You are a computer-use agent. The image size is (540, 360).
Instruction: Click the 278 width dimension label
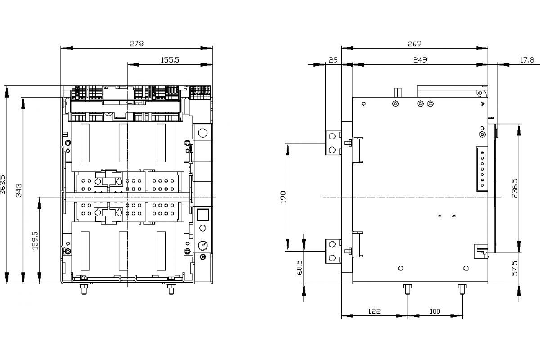[137, 44]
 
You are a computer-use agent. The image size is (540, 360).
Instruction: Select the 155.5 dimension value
[170, 60]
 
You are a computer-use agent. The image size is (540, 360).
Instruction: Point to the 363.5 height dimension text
[4, 184]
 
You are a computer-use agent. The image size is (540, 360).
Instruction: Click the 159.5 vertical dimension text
[36, 240]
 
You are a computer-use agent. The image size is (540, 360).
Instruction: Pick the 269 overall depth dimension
[414, 44]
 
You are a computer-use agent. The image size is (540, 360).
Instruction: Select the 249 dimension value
[419, 60]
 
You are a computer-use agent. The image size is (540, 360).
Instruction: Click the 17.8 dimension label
[527, 60]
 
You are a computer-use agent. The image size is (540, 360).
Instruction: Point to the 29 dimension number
[333, 60]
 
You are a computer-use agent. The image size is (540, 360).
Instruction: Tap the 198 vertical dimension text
[283, 197]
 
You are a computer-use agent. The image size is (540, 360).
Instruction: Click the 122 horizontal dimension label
[374, 311]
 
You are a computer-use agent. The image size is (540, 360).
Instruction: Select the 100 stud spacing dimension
[435, 311]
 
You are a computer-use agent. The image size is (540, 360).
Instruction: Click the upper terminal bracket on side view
[333, 143]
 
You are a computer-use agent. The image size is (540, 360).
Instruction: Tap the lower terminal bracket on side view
[333, 251]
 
